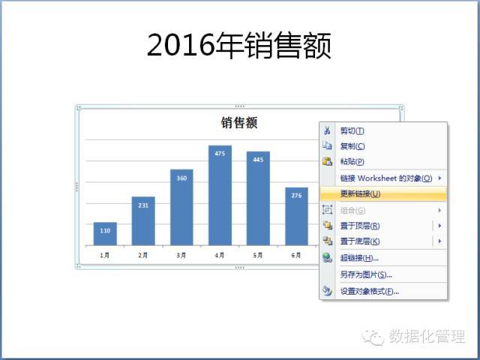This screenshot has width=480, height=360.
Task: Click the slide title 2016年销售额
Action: [x=238, y=45]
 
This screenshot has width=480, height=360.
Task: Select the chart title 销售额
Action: [x=239, y=123]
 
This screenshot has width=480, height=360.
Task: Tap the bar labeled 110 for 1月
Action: [x=105, y=233]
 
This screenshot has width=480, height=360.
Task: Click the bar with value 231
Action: [x=143, y=221]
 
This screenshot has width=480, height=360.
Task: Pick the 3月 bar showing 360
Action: [x=181, y=207]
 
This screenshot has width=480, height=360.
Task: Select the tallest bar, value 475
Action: [x=220, y=195]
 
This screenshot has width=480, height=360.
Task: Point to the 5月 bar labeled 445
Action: [x=258, y=198]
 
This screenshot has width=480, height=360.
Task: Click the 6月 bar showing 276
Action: [x=297, y=217]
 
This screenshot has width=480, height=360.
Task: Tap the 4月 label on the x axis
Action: [x=220, y=255]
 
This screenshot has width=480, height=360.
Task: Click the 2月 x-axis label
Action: [x=143, y=255]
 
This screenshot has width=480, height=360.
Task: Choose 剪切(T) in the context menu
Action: [x=352, y=131]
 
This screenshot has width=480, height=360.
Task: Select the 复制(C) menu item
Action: [x=352, y=146]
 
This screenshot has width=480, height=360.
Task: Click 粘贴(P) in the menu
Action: [x=352, y=161]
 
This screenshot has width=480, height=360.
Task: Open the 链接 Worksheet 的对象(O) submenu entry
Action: [x=386, y=178]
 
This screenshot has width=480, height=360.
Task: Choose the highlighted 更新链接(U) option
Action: [x=360, y=193]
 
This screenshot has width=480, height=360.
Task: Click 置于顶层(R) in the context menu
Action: [x=360, y=226]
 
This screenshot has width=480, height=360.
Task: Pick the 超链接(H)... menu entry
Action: [x=359, y=258]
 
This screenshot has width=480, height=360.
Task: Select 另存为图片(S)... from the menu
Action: [x=366, y=274]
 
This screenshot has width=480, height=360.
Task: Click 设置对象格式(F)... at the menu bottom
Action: [x=370, y=291]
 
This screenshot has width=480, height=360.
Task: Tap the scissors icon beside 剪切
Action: [x=327, y=130]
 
